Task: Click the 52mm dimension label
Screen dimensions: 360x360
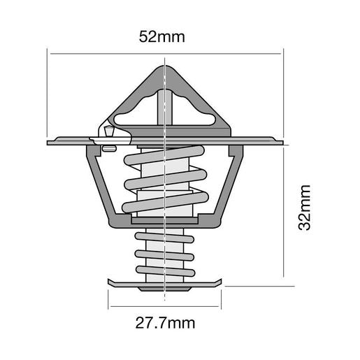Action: (x=162, y=37)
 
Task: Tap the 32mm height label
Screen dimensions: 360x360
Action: (x=303, y=208)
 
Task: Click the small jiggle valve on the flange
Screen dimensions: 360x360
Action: (x=109, y=130)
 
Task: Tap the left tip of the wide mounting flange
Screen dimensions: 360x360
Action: (x=49, y=143)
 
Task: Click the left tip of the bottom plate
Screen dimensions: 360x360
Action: (x=110, y=282)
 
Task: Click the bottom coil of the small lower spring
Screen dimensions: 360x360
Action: (x=164, y=269)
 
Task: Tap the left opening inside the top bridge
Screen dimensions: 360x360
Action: (x=137, y=112)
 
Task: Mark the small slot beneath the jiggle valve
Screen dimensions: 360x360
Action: (x=108, y=147)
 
